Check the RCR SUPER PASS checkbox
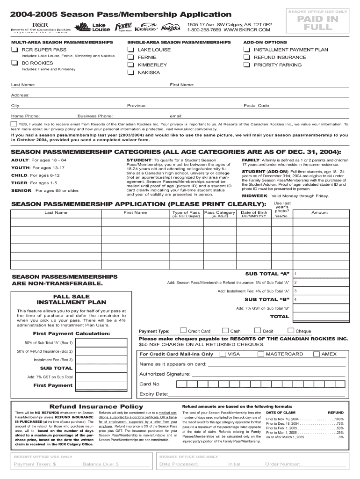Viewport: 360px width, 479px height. (15, 50)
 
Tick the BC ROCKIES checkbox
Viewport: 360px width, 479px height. (15, 63)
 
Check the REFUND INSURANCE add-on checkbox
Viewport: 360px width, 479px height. (246, 58)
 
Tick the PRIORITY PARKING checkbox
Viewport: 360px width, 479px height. (246, 65)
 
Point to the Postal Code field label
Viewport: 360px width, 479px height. (257, 106)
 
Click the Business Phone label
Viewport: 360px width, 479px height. (95, 116)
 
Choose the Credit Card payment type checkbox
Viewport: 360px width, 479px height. (183, 331)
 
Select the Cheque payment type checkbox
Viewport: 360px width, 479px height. (291, 331)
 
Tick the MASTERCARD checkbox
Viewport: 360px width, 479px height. (261, 354)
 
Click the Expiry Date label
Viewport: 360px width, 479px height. (153, 394)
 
